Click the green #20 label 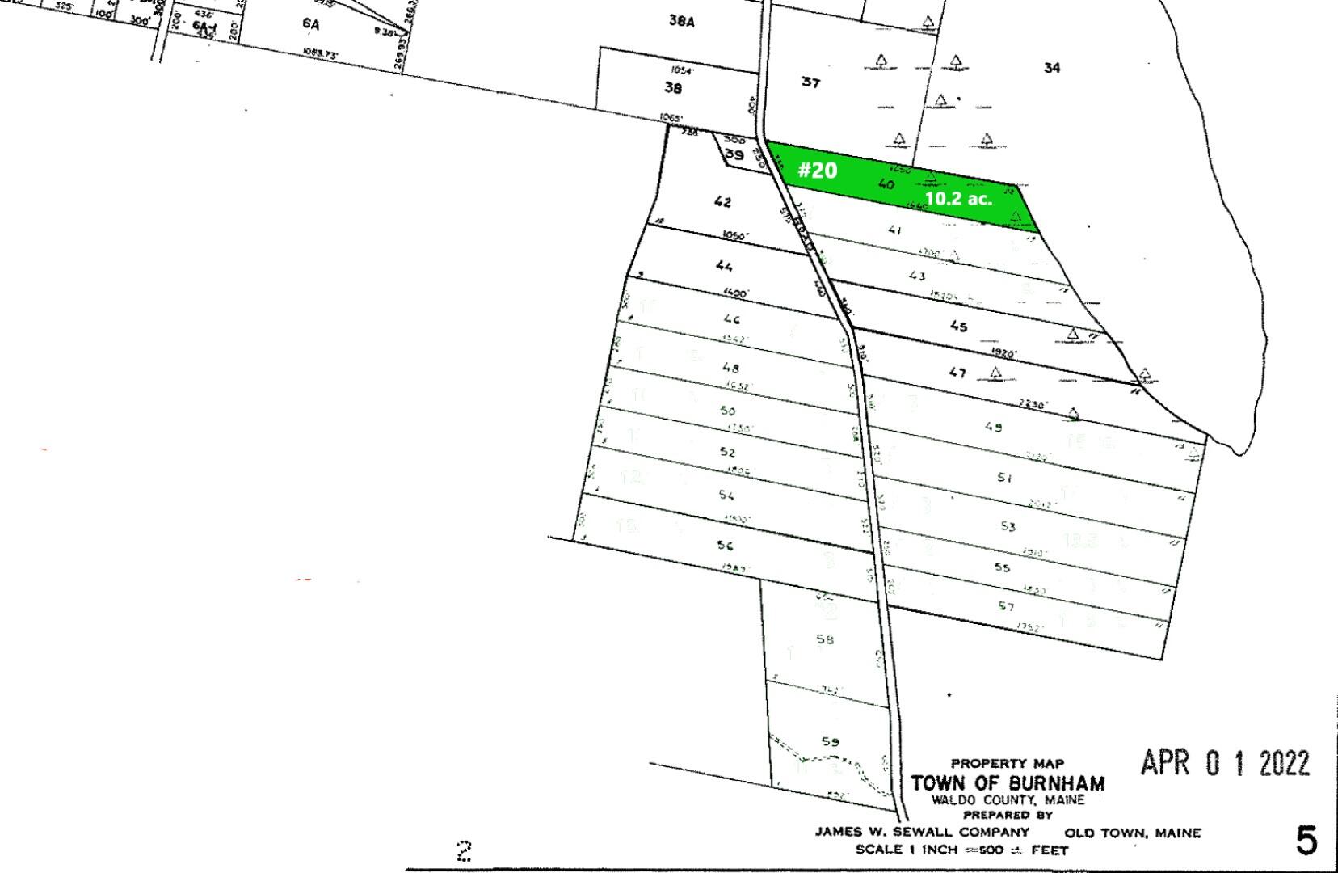pyautogui.click(x=818, y=171)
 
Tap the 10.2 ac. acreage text pyautogui.click(x=958, y=198)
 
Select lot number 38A pyautogui.click(x=681, y=21)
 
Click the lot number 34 pyautogui.click(x=1051, y=68)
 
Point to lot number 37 pyautogui.click(x=810, y=82)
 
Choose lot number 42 pyautogui.click(x=722, y=202)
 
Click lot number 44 pyautogui.click(x=724, y=267)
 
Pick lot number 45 pyautogui.click(x=958, y=327)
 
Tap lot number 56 pyautogui.click(x=725, y=546)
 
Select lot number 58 pyautogui.click(x=824, y=639)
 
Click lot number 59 pyautogui.click(x=830, y=741)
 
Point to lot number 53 pyautogui.click(x=1008, y=526)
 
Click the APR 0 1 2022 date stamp pyautogui.click(x=1224, y=762)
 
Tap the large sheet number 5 pyautogui.click(x=1306, y=841)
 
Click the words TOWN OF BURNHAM pyautogui.click(x=1008, y=783)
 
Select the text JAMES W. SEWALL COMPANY pyautogui.click(x=922, y=832)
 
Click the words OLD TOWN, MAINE pyautogui.click(x=1133, y=833)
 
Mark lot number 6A pyautogui.click(x=311, y=24)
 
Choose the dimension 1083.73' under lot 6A pyautogui.click(x=321, y=53)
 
